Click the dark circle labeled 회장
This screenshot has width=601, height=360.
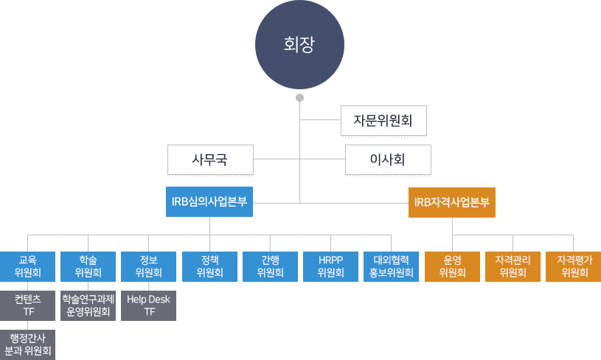click(299, 45)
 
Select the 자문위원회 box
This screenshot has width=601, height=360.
click(383, 120)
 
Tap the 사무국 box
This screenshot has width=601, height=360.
click(210, 159)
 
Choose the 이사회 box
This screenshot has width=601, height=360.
click(388, 159)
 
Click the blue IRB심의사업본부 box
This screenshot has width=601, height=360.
click(209, 202)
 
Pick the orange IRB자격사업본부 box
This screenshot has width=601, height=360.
click(452, 202)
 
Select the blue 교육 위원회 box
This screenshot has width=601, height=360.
click(27, 266)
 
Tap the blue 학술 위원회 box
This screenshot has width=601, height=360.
click(88, 266)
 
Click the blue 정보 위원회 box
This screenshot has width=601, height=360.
click(148, 266)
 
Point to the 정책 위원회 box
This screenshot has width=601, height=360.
click(209, 266)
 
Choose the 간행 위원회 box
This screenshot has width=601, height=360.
click(270, 266)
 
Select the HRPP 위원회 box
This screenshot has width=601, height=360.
click(330, 266)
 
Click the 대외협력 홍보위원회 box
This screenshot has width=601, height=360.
click(392, 266)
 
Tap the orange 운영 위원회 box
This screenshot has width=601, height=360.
click(452, 266)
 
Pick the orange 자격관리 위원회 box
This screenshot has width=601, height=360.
click(513, 266)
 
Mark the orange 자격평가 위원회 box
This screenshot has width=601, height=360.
click(574, 266)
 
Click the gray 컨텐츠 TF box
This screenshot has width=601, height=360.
click(27, 305)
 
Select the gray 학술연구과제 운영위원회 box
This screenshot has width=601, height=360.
click(88, 305)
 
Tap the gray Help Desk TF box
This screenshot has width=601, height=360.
click(148, 305)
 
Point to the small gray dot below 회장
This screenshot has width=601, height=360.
click(299, 97)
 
